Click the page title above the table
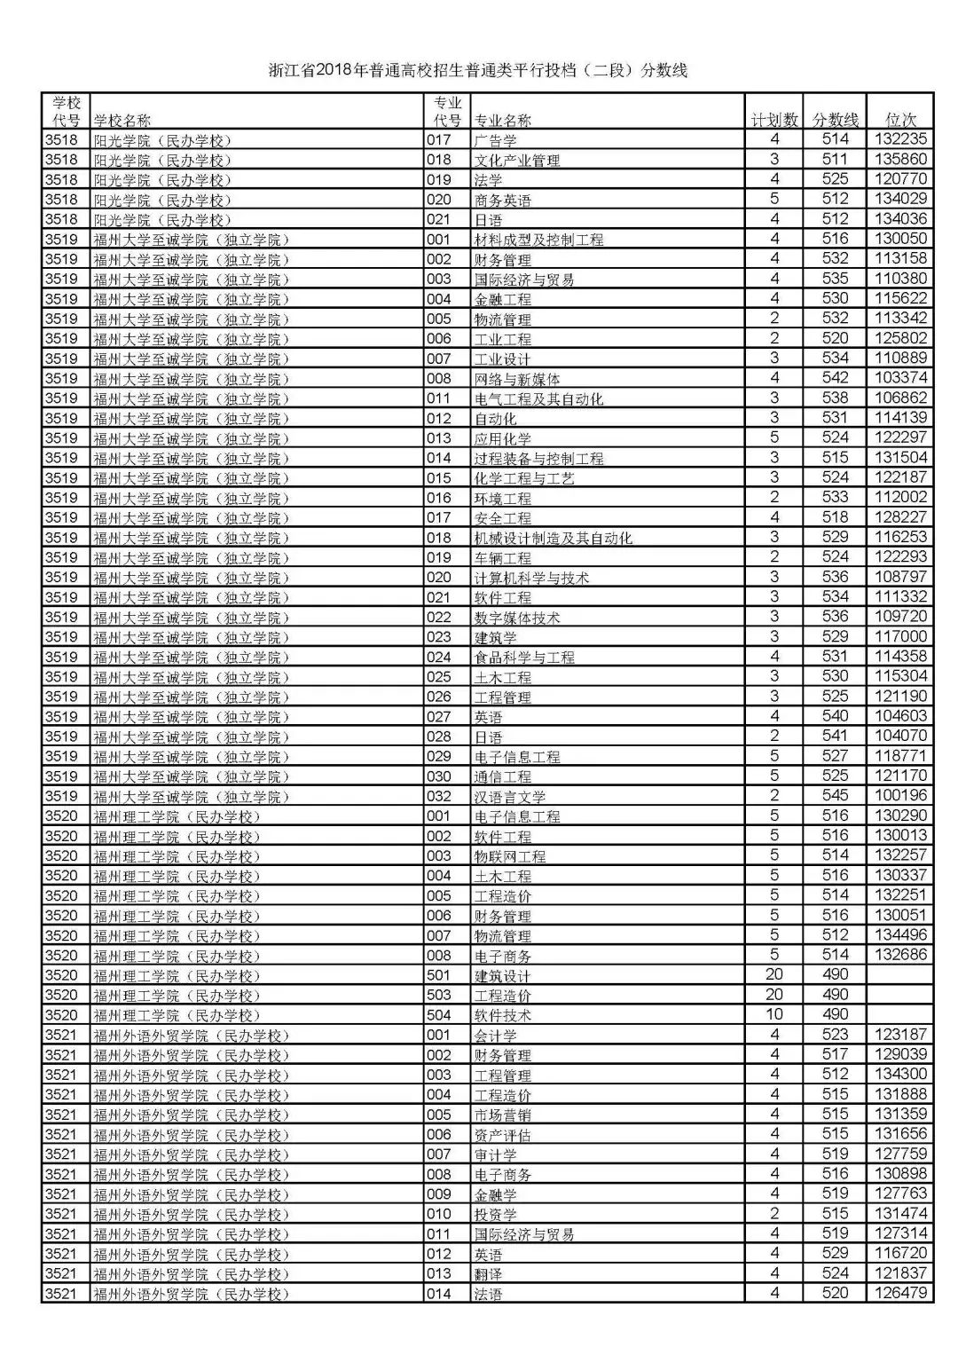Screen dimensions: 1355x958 pyautogui.click(x=479, y=71)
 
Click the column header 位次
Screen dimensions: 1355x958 pyautogui.click(x=901, y=120)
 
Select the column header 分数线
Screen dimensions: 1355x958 pyautogui.click(x=836, y=120)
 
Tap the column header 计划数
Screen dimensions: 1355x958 pyautogui.click(x=774, y=120)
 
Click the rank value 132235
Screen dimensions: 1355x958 pyautogui.click(x=901, y=139)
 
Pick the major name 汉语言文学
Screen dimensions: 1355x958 pyautogui.click(x=510, y=797)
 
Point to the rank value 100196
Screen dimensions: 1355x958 pyautogui.click(x=901, y=796)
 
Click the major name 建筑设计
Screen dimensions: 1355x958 pyautogui.click(x=503, y=976)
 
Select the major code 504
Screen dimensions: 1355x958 pyautogui.click(x=439, y=1015)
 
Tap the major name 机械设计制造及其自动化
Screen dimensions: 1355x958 pyautogui.click(x=554, y=538)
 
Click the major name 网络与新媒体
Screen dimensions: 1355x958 pyautogui.click(x=517, y=379)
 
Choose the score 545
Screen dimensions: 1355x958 pyautogui.click(x=835, y=796)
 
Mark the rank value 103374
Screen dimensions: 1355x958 pyautogui.click(x=901, y=378)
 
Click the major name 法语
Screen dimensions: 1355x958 pyautogui.click(x=489, y=1295)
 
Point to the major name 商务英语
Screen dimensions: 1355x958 pyautogui.click(x=503, y=201)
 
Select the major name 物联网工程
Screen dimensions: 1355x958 pyautogui.click(x=510, y=856)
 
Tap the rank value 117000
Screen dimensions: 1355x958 pyautogui.click(x=901, y=636)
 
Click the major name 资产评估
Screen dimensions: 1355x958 pyautogui.click(x=503, y=1135)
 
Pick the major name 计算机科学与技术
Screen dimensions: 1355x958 pyautogui.click(x=531, y=578)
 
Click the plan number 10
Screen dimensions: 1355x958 pyautogui.click(x=774, y=1014)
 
